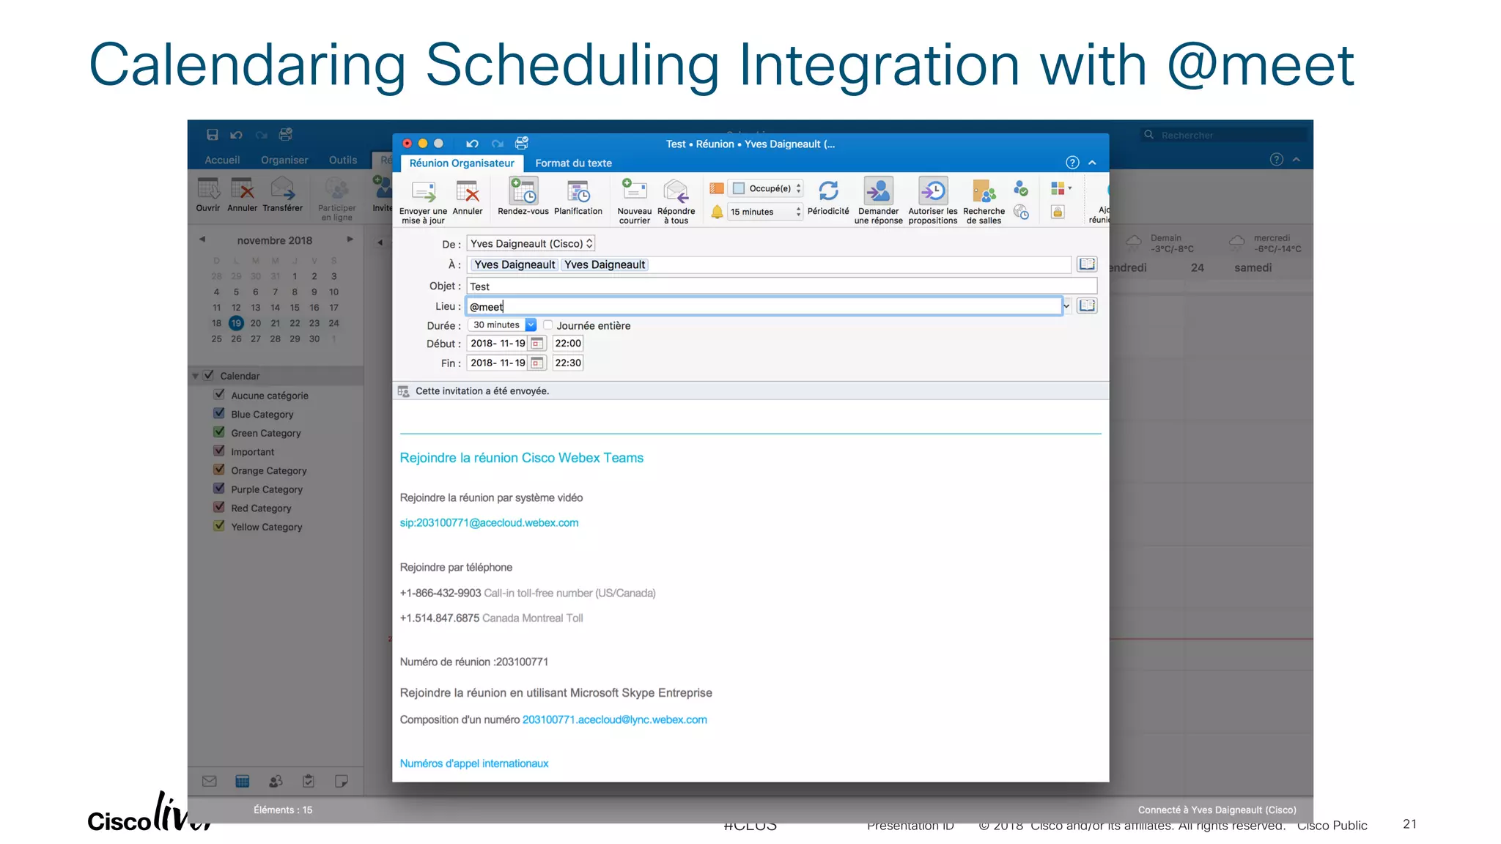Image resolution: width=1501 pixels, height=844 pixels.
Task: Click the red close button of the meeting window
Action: pyautogui.click(x=407, y=144)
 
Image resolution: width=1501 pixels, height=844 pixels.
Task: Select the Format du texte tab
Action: pyautogui.click(x=573, y=163)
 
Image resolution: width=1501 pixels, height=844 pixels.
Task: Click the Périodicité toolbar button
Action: pyautogui.click(x=828, y=198)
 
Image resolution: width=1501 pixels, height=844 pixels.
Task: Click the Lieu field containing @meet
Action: pyautogui.click(x=762, y=306)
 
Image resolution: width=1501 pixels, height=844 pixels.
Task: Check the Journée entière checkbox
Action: pyautogui.click(x=548, y=325)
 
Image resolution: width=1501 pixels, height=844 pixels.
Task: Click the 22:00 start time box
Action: pyautogui.click(x=567, y=344)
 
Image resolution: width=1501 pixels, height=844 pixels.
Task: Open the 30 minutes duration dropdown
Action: pyautogui.click(x=531, y=325)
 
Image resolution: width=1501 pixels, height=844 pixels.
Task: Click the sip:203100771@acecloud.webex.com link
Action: pyautogui.click(x=489, y=523)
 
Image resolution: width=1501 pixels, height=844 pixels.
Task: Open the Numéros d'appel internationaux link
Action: pyautogui.click(x=474, y=763)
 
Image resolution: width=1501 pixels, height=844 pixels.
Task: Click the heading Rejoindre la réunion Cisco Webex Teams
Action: pyautogui.click(x=521, y=458)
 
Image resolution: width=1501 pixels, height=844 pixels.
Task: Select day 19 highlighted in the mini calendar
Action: pyautogui.click(x=236, y=323)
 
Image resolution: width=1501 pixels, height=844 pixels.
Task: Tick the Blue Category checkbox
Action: pyautogui.click(x=219, y=414)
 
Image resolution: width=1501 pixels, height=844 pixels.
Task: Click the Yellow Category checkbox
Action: pyautogui.click(x=219, y=526)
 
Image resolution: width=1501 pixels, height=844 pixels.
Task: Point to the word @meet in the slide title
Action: pyautogui.click(x=1260, y=66)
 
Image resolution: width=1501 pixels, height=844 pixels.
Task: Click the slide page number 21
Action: pyautogui.click(x=1409, y=824)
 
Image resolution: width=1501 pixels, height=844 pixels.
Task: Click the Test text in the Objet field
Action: pyautogui.click(x=480, y=286)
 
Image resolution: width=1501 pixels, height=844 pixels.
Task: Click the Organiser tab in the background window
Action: pyautogui.click(x=284, y=160)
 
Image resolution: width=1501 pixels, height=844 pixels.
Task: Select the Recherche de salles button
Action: pyautogui.click(x=984, y=200)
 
